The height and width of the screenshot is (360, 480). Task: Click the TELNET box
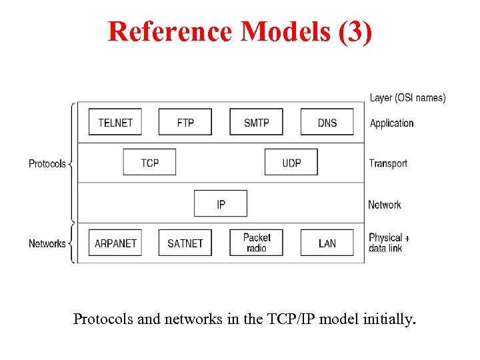[x=115, y=122]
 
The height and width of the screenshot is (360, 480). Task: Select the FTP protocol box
[x=185, y=122]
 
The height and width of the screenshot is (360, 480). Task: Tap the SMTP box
[x=257, y=122]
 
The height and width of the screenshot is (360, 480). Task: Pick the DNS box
[x=327, y=122]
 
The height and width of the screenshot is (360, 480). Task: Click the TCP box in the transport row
[x=150, y=163]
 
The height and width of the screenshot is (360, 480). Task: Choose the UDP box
[x=291, y=163]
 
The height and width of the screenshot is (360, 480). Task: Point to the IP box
[x=221, y=203]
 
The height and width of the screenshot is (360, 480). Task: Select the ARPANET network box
[x=115, y=243]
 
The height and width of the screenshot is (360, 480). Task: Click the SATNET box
[x=185, y=243]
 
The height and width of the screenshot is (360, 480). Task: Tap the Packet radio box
[x=257, y=243]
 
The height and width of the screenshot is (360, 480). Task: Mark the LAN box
[x=327, y=243]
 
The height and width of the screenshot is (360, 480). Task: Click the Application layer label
[x=391, y=123]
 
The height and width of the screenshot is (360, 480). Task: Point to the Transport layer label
[x=388, y=163]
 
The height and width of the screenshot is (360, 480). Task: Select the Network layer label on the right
[x=385, y=205]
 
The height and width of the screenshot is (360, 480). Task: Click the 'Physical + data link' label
[x=389, y=243]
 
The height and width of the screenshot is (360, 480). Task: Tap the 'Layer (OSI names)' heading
[x=407, y=98]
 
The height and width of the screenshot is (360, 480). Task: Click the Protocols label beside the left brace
[x=47, y=163]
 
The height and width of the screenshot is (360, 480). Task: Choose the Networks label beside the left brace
[x=47, y=243]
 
